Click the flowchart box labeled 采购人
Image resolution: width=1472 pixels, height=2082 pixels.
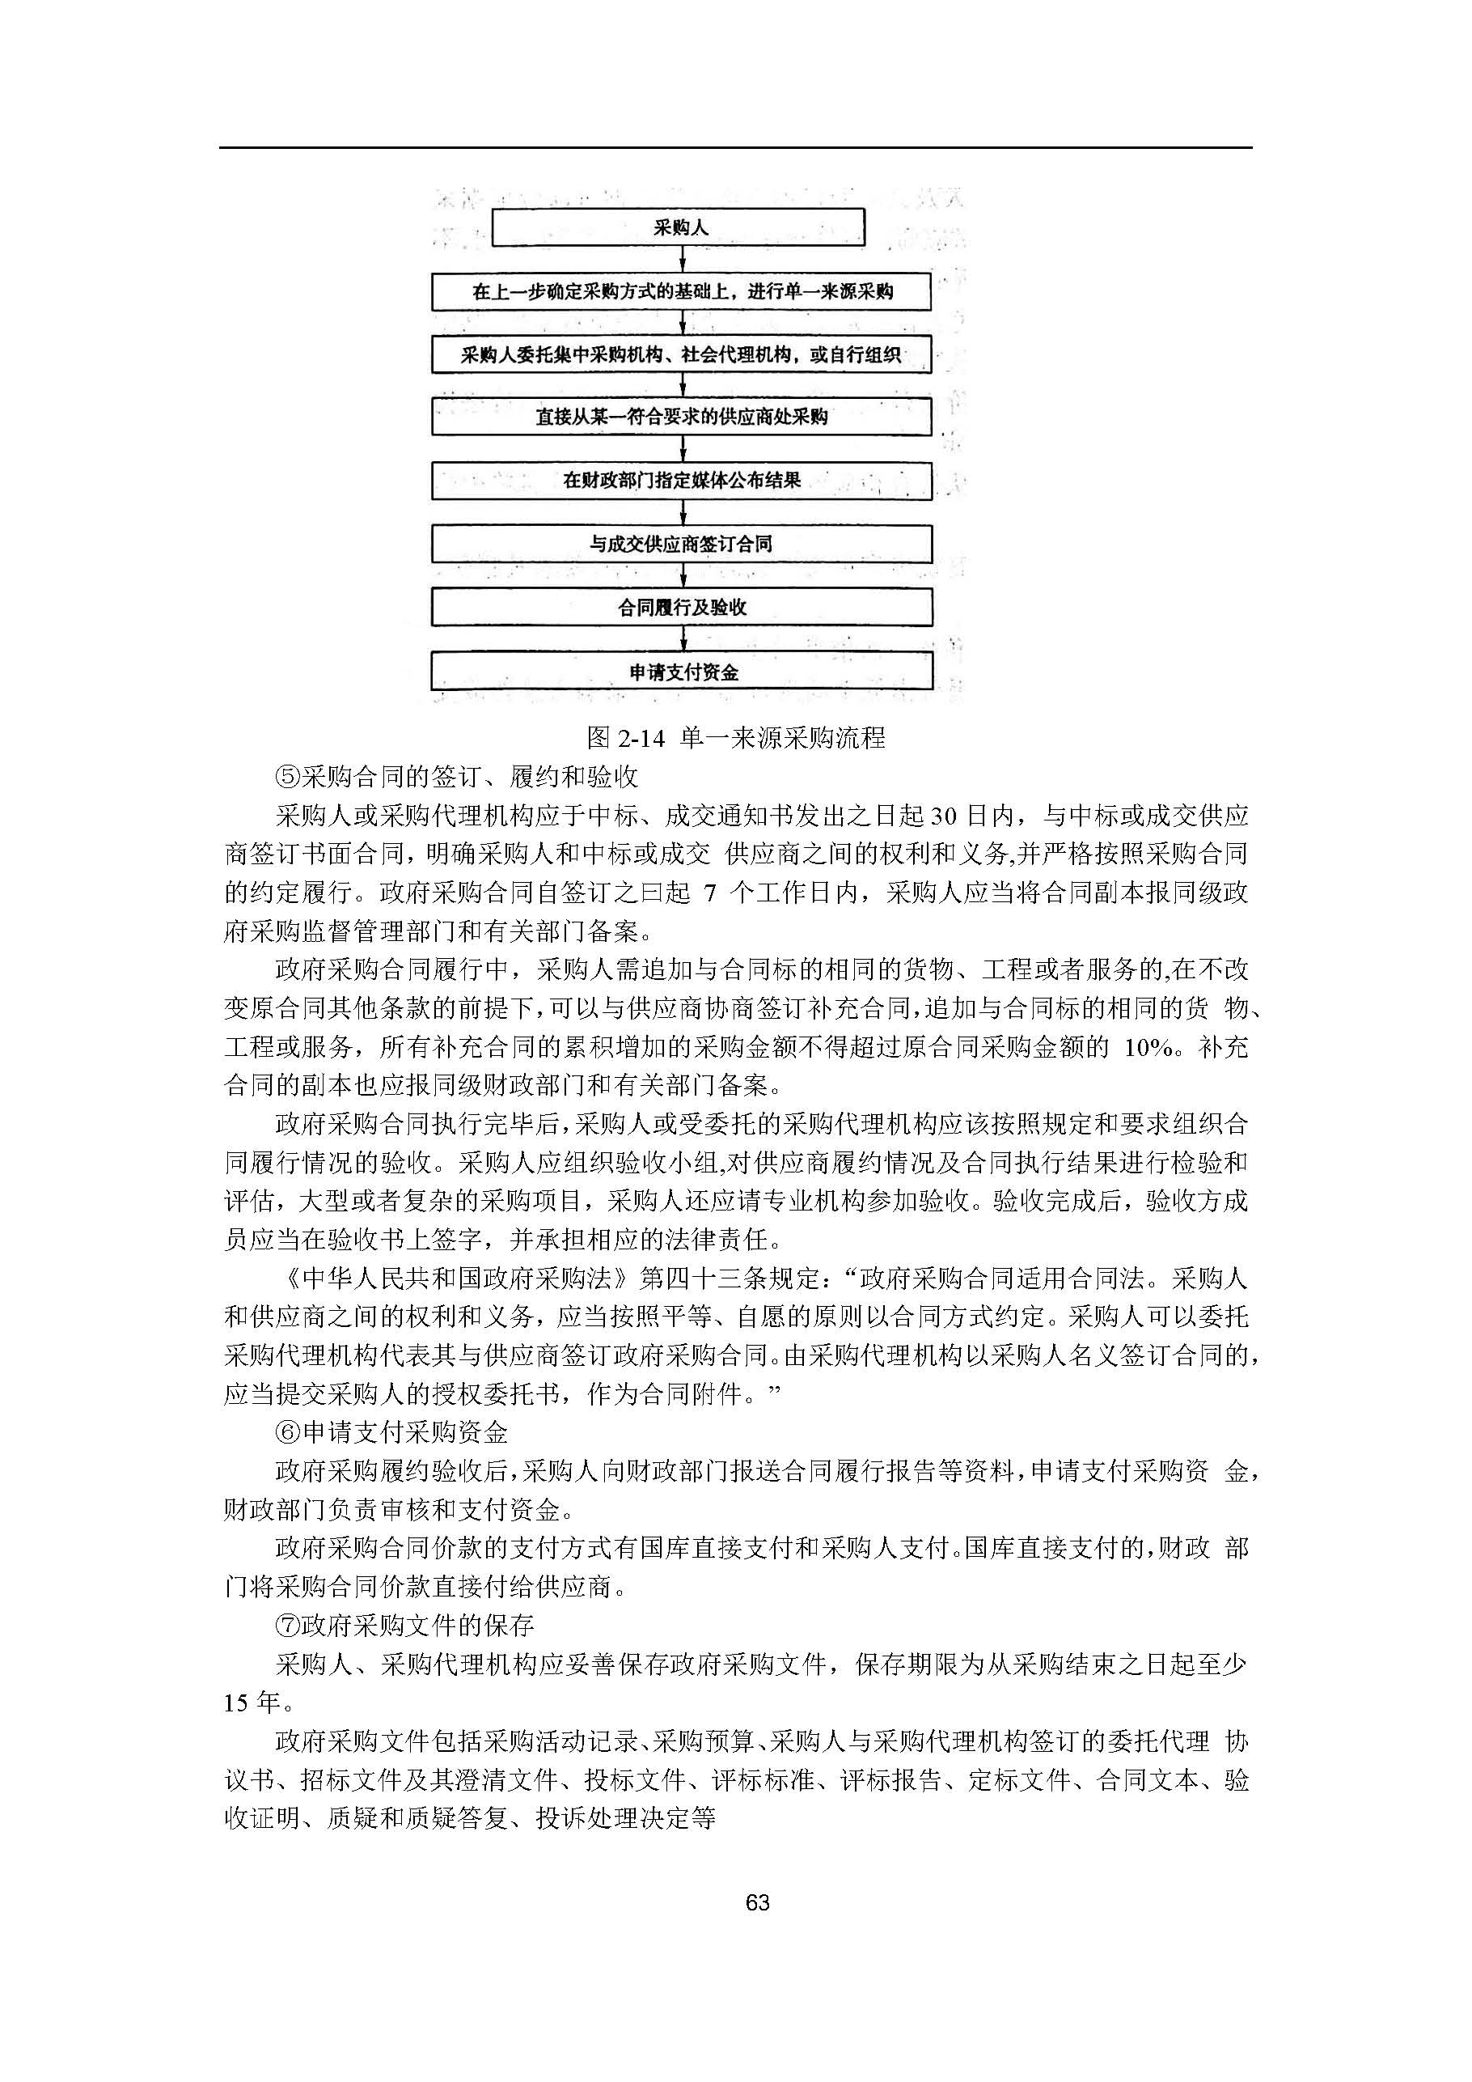pyautogui.click(x=678, y=227)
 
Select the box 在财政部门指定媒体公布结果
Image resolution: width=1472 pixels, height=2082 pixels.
pyautogui.click(x=682, y=481)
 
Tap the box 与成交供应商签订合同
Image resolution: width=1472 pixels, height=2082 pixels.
pyautogui.click(x=682, y=544)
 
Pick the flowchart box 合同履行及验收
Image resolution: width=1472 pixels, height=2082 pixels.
pyautogui.click(x=682, y=608)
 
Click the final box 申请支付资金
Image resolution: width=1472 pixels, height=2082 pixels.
pyautogui.click(x=682, y=672)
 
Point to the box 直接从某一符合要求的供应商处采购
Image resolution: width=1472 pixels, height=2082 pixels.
pyautogui.click(x=682, y=417)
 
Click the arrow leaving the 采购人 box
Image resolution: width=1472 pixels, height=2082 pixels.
pyautogui.click(x=683, y=260)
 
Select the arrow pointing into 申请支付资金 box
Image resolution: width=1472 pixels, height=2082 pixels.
pyautogui.click(x=683, y=640)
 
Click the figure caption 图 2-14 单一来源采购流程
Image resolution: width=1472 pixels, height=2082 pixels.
pyautogui.click(x=735, y=737)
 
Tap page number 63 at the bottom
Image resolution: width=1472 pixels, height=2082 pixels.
pyautogui.click(x=757, y=1902)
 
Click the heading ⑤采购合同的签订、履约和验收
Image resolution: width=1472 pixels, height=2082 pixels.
pyautogui.click(x=457, y=776)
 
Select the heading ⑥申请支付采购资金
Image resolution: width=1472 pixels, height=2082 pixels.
pyautogui.click(x=391, y=1433)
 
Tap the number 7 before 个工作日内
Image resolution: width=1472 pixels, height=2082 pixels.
pyautogui.click(x=710, y=893)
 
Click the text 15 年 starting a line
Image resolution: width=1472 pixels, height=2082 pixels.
pyautogui.click(x=252, y=1703)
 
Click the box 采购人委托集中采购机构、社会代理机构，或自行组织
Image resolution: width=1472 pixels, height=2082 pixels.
pyautogui.click(x=682, y=354)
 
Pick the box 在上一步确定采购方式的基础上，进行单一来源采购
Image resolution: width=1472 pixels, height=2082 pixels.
pyautogui.click(x=682, y=292)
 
